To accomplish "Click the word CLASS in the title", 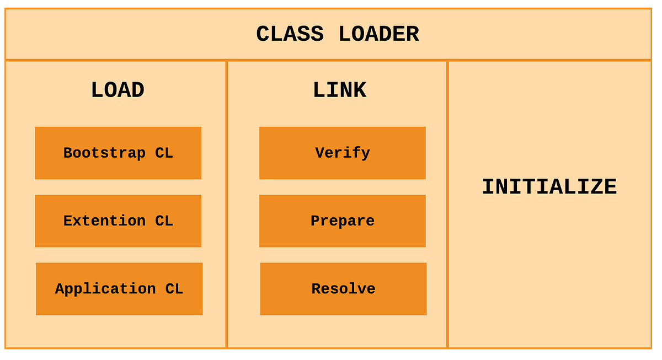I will click(x=289, y=34).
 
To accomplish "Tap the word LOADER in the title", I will click(x=378, y=34).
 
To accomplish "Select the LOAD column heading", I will click(x=118, y=90).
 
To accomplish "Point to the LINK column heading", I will click(x=339, y=90).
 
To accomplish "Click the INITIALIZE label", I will click(x=549, y=187).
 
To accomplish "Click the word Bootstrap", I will click(x=104, y=153).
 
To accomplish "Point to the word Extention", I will click(x=104, y=221).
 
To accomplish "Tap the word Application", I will click(x=105, y=289).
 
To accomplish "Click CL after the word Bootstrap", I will click(x=164, y=153).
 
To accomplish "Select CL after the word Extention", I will click(x=164, y=221).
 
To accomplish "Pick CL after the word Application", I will click(x=174, y=289).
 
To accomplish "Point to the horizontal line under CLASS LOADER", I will click(x=328, y=60).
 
